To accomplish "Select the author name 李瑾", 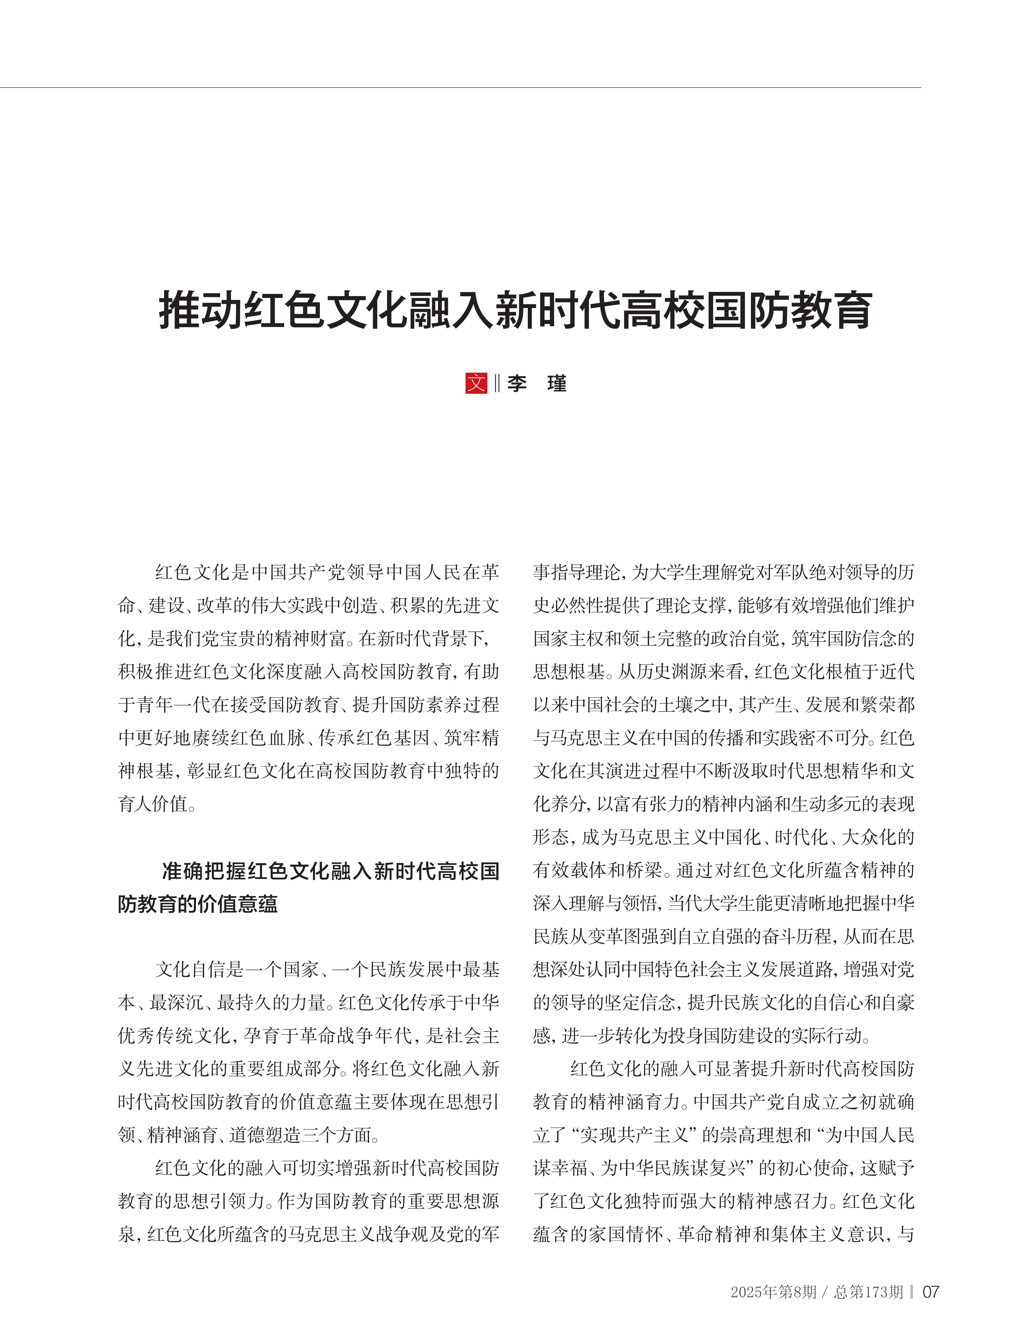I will click(x=536, y=383).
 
